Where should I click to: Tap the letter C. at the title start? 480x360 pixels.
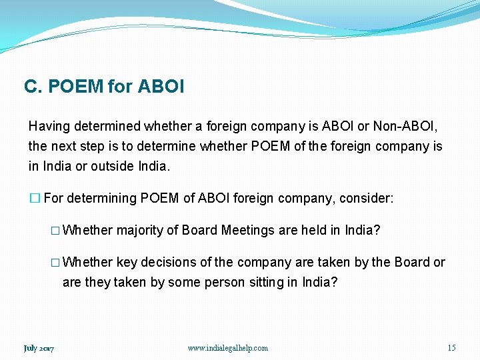[31, 87]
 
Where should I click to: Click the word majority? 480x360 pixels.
[139, 231]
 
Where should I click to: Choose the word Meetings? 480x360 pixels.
[248, 231]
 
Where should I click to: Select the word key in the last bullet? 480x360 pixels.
[127, 263]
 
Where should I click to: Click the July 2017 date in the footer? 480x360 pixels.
[39, 348]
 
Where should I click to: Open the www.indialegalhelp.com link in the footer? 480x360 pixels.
[227, 348]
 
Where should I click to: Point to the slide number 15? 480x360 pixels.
[451, 348]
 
